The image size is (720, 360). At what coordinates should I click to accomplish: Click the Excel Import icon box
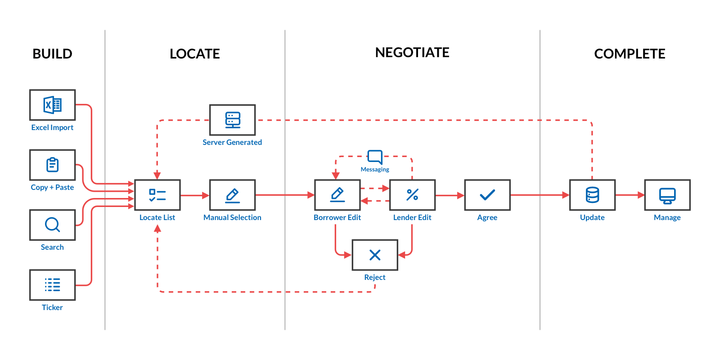(x=52, y=105)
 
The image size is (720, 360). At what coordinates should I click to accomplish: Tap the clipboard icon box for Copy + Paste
(x=52, y=165)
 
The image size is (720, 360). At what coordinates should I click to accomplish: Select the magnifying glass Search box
(x=52, y=225)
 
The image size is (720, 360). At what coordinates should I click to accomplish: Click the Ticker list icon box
(x=52, y=285)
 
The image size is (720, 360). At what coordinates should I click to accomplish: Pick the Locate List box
(x=157, y=195)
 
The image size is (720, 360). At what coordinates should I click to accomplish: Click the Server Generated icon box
(x=232, y=120)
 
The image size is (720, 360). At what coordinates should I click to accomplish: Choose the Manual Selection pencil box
(x=232, y=195)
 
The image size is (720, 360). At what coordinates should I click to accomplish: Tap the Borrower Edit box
(x=337, y=195)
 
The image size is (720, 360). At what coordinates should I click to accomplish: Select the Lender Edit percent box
(x=412, y=195)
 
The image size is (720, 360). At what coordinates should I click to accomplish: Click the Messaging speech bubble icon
(x=375, y=157)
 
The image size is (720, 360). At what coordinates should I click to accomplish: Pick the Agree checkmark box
(x=487, y=195)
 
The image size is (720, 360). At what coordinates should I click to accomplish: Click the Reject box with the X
(x=375, y=255)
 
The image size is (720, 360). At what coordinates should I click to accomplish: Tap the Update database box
(x=592, y=195)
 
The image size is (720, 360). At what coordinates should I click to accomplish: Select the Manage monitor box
(x=667, y=195)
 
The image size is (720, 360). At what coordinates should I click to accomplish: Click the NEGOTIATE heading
(x=412, y=53)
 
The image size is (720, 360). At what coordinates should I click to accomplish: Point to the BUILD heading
(x=52, y=54)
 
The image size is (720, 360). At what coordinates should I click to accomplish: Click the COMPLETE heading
(x=630, y=54)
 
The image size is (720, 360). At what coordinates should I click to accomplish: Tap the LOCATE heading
(x=194, y=54)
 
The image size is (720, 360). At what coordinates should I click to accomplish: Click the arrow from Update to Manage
(x=630, y=195)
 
